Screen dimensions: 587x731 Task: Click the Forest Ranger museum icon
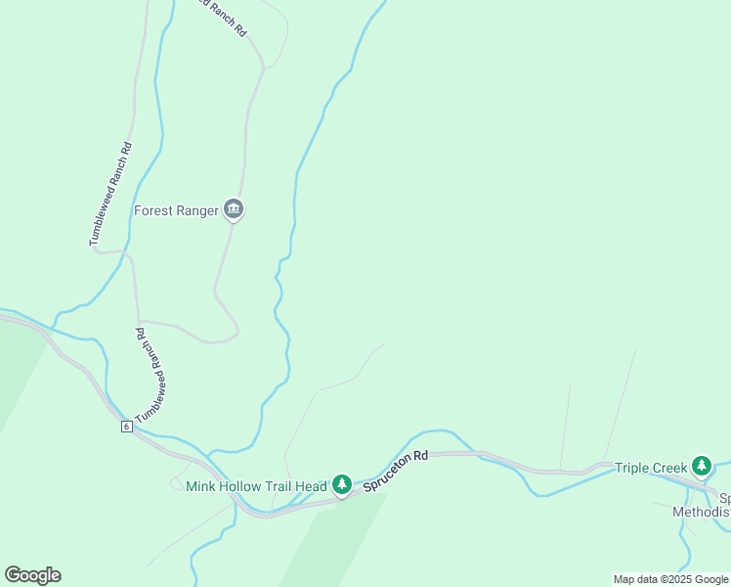tap(233, 209)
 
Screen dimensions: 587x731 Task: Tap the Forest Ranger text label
tap(176, 210)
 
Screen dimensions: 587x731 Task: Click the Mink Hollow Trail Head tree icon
tap(341, 483)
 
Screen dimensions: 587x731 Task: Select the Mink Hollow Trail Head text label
tap(256, 486)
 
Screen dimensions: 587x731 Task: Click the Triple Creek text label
tap(651, 468)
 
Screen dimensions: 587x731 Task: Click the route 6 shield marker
tap(127, 427)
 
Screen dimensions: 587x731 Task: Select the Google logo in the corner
tap(32, 575)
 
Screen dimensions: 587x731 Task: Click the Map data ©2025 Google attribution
tap(671, 579)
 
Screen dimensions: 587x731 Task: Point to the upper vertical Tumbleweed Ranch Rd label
tap(110, 196)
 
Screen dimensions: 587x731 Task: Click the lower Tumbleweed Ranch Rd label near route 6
tap(152, 375)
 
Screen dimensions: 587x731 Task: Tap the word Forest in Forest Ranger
tap(153, 210)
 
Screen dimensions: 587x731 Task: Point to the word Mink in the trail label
tap(200, 486)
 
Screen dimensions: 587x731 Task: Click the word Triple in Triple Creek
tap(631, 468)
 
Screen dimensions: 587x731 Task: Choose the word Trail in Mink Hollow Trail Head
tap(279, 486)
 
